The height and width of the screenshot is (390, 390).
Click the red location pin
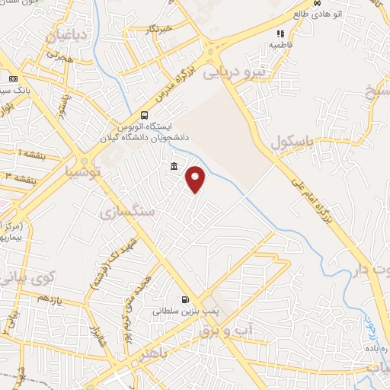pyautogui.click(x=197, y=180)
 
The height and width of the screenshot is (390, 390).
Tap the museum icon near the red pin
pyautogui.click(x=174, y=167)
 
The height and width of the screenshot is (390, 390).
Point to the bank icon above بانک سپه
pyautogui.click(x=12, y=79)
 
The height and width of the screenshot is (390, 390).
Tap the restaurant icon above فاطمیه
pyautogui.click(x=280, y=34)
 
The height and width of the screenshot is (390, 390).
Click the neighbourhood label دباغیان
pyautogui.click(x=69, y=36)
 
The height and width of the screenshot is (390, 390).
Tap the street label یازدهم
pyautogui.click(x=48, y=299)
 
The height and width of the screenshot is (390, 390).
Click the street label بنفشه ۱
pyautogui.click(x=30, y=154)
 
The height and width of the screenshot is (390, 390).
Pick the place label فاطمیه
pyautogui.click(x=280, y=45)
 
